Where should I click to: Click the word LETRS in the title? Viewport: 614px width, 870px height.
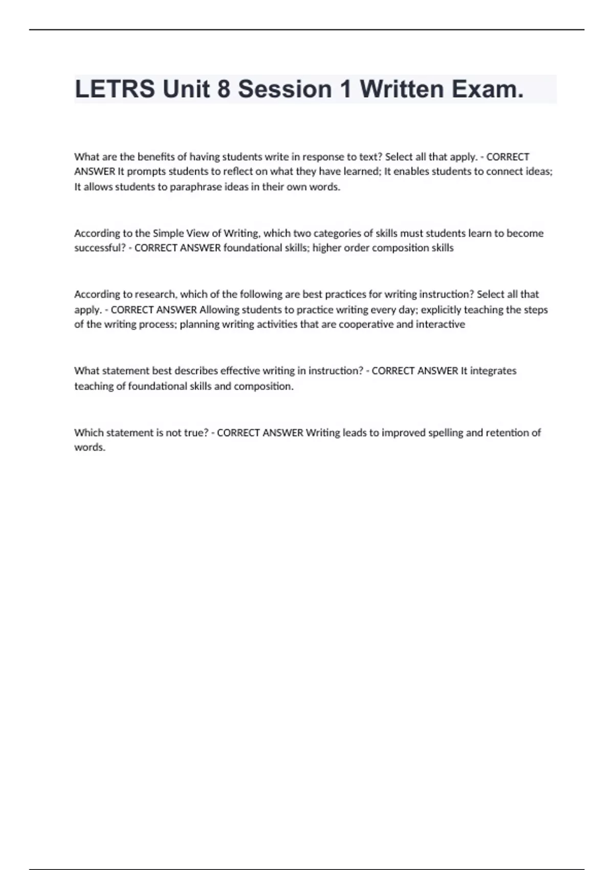[x=115, y=89]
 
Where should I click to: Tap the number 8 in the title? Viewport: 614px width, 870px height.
[x=224, y=89]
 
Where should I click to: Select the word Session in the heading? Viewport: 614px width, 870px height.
[x=285, y=89]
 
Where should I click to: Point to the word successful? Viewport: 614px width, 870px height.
[x=100, y=248]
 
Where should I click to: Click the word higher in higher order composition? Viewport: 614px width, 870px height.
[x=327, y=248]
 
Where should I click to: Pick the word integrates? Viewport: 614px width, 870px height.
[x=493, y=371]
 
